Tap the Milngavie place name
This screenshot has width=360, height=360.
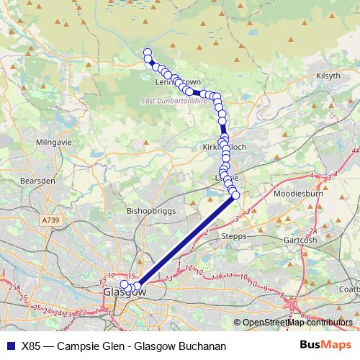coord(49,143)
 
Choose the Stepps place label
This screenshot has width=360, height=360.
coord(233,235)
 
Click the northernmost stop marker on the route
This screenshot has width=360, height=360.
coord(148,52)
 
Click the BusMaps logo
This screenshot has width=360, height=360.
coord(325,345)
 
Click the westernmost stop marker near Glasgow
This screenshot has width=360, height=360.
coord(124,285)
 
